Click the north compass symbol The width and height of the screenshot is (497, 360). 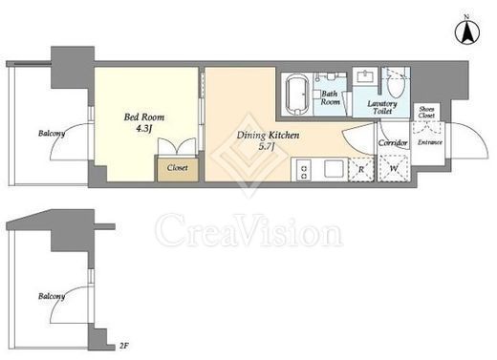click(467, 32)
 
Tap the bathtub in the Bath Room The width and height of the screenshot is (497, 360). click(297, 95)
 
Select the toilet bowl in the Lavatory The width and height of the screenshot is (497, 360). click(396, 86)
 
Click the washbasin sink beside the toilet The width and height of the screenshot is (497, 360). click(365, 76)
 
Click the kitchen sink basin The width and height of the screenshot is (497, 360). click(334, 169)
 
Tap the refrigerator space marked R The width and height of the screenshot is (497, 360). click(361, 170)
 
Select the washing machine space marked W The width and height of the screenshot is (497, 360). click(394, 168)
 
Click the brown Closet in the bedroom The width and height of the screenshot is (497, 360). click(178, 169)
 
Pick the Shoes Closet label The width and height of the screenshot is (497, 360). click(426, 113)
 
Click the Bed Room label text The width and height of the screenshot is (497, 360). click(144, 117)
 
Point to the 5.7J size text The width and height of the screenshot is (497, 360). click(267, 147)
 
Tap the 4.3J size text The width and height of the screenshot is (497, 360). click(144, 129)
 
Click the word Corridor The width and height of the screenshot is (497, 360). click(393, 143)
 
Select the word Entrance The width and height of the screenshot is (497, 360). click(430, 142)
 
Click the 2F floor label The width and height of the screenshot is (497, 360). click(124, 346)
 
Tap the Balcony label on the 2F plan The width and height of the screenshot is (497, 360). click(52, 296)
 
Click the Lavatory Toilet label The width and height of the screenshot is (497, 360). click(382, 107)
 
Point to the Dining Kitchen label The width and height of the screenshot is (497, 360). click(268, 136)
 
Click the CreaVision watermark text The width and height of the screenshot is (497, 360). click(248, 231)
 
